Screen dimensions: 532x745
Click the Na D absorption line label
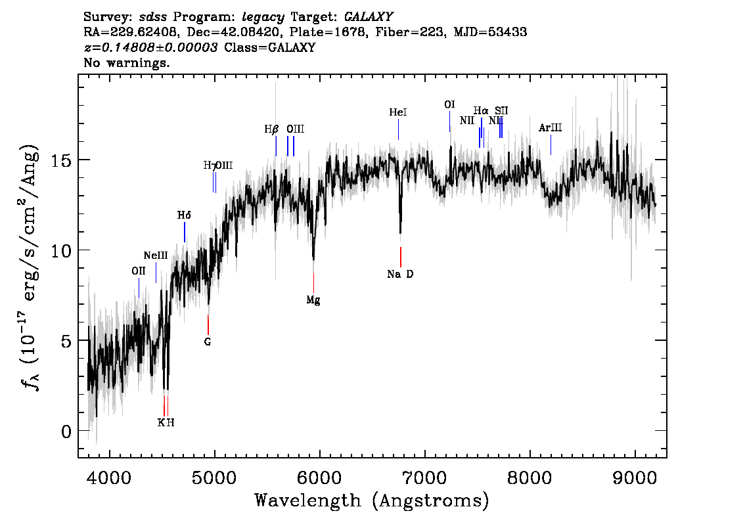[400, 275]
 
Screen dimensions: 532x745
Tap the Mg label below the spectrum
[313, 300]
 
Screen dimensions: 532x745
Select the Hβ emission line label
[271, 129]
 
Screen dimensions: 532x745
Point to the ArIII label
[550, 128]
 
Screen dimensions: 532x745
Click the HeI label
[398, 113]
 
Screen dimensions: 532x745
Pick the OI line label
[449, 104]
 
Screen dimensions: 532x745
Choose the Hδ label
[184, 215]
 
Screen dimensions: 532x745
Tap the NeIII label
[156, 255]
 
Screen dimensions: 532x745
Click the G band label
[208, 342]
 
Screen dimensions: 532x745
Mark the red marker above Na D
[400, 256]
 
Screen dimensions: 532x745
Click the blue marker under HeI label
[398, 130]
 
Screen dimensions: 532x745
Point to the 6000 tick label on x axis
[320, 475]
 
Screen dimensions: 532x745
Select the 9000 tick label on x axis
[635, 475]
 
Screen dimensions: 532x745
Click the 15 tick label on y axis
[62, 160]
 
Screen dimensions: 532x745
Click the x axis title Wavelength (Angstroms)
[372, 501]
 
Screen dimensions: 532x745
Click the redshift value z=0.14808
[151, 48]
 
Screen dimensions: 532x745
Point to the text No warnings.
[127, 63]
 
